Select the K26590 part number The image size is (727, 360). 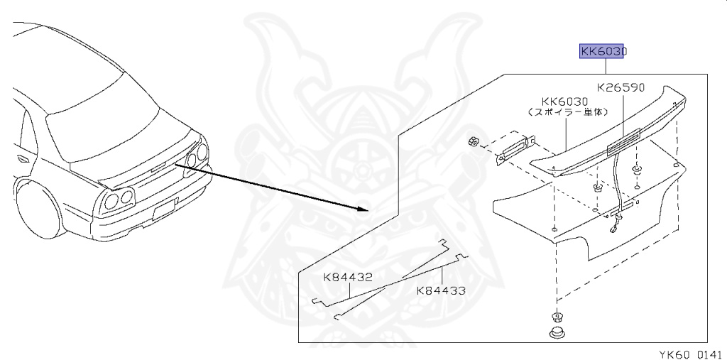pyautogui.click(x=621, y=87)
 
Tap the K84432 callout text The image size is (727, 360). pyautogui.click(x=348, y=278)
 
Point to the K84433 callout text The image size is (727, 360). pyautogui.click(x=440, y=291)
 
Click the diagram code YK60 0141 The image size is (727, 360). pyautogui.click(x=691, y=355)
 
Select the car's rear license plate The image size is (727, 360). pyautogui.click(x=165, y=208)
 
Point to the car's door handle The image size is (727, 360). pyautogui.click(x=22, y=159)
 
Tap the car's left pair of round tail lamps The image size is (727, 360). pyautogui.click(x=119, y=199)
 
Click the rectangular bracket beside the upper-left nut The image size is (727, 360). pyautogui.click(x=515, y=149)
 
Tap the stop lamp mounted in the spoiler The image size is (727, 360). pyautogui.click(x=623, y=141)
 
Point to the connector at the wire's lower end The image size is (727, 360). pyautogui.click(x=612, y=229)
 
